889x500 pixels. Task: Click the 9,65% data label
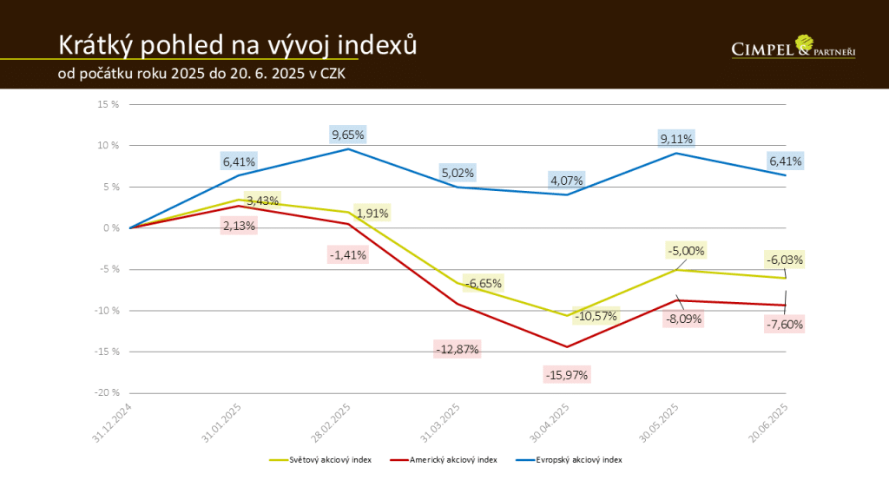(348, 135)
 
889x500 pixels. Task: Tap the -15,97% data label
(567, 375)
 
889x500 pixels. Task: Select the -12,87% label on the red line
(457, 349)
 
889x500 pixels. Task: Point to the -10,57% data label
(595, 316)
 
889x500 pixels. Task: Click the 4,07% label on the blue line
(567, 181)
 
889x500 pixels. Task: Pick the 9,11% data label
(676, 139)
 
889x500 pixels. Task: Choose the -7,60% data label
(785, 325)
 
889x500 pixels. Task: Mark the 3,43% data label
(262, 201)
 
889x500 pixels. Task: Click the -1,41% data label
(348, 254)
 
